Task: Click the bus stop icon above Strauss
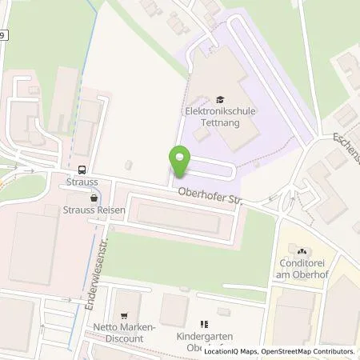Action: [x=82, y=170]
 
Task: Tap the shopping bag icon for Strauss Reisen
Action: [x=95, y=197]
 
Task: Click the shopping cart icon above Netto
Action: [x=123, y=318]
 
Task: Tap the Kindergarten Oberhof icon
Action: [x=203, y=324]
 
